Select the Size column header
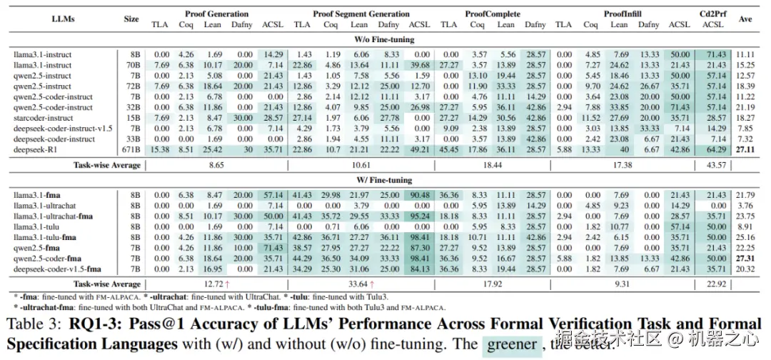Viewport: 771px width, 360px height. (131, 19)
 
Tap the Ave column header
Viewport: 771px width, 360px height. (745, 19)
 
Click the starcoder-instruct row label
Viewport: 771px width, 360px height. (43, 118)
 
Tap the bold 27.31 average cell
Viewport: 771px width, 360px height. (745, 258)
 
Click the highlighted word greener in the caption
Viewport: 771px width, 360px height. (511, 344)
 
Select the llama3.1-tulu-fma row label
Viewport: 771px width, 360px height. (46, 237)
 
